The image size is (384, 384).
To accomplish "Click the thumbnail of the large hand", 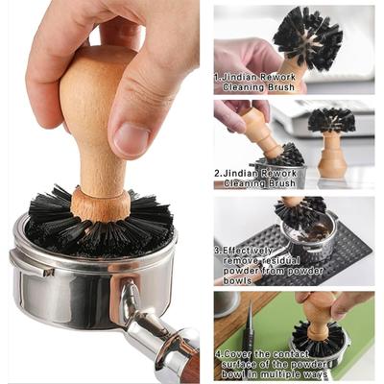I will point(129,137).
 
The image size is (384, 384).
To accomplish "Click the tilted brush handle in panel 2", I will point(257,130).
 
